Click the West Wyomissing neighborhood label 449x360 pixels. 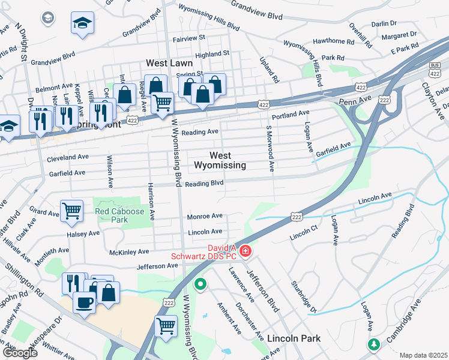point(220,160)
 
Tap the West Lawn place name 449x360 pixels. point(169,63)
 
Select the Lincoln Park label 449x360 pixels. point(294,338)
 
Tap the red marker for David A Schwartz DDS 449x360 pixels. point(245,250)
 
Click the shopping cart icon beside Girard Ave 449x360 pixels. point(71,211)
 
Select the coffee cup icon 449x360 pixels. point(84,302)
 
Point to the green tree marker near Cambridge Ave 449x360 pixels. point(374,344)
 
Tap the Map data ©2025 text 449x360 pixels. point(423,355)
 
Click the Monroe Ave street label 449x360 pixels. point(205,216)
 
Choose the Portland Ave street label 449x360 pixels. point(290,113)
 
